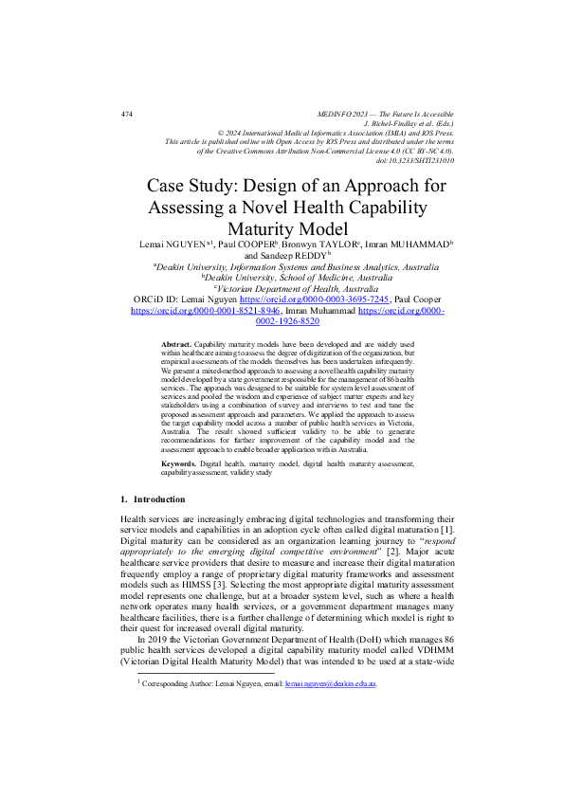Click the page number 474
click(x=126, y=114)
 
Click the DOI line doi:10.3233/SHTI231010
click(x=414, y=160)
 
